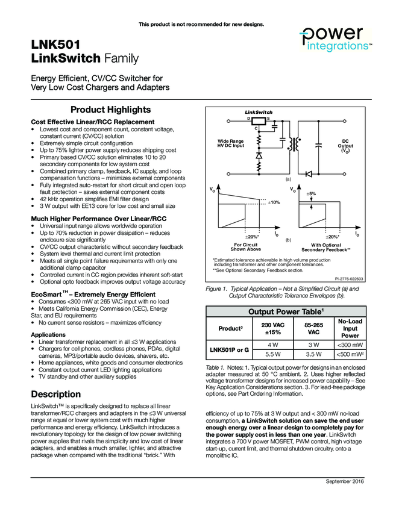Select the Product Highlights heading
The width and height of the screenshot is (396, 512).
click(x=111, y=110)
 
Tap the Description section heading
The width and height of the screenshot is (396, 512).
click(x=55, y=394)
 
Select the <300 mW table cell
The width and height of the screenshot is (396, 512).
click(x=350, y=344)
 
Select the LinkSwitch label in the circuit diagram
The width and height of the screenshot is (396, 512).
click(x=259, y=113)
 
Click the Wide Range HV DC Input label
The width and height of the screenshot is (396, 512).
click(x=231, y=143)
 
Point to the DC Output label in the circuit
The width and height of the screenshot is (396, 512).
click(x=345, y=146)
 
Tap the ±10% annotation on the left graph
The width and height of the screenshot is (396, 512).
click(x=274, y=202)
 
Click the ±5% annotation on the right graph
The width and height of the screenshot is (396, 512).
click(x=311, y=193)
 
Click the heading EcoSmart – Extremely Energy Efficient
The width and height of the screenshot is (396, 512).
click(x=93, y=294)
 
